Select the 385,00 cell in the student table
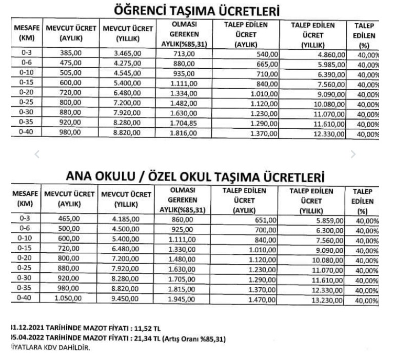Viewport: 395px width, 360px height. [70, 54]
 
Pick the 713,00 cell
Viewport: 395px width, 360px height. [184, 54]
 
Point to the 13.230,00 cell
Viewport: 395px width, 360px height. [329, 300]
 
